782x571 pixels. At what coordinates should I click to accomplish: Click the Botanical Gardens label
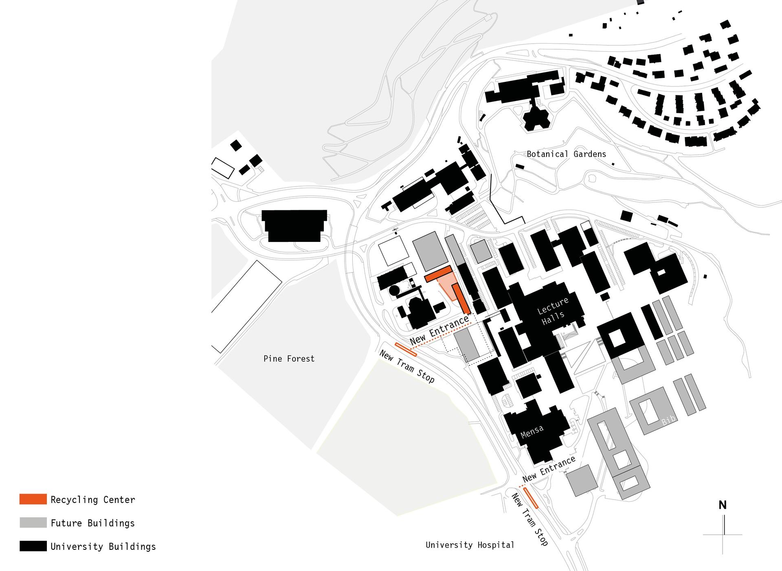pos(566,154)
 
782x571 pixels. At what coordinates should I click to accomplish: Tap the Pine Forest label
pos(289,359)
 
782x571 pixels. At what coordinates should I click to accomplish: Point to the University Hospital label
pos(470,545)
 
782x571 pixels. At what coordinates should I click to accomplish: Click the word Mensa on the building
pos(532,432)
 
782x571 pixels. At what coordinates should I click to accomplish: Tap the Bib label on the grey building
pos(668,420)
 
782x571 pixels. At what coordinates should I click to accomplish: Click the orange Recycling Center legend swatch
pos(33,499)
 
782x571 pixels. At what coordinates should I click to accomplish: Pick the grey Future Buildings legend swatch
pos(33,523)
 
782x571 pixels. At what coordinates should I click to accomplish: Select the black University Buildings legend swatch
pos(33,546)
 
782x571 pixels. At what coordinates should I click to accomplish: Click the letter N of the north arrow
pos(723,505)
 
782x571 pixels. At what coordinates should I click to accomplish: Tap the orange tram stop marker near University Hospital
pos(531,498)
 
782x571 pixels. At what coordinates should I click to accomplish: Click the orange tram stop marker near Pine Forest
pos(406,349)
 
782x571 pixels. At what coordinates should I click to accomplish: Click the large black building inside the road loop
pos(294,226)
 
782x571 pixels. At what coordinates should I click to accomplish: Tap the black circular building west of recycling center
pos(394,290)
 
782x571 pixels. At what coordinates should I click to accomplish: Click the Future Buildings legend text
pos(93,523)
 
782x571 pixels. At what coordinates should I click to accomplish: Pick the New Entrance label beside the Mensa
pos(549,468)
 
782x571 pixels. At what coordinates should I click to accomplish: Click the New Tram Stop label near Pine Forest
pos(407,367)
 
